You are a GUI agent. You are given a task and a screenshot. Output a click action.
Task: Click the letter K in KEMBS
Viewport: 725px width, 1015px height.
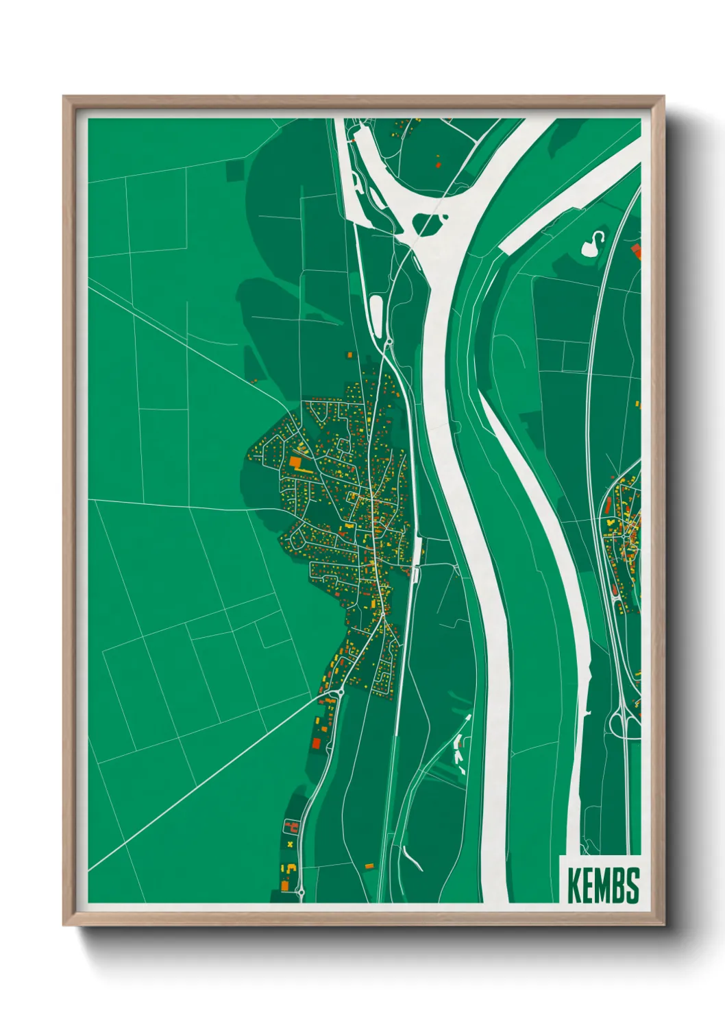tap(573, 885)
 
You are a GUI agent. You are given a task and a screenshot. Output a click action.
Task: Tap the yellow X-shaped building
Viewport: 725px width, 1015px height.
tap(291, 844)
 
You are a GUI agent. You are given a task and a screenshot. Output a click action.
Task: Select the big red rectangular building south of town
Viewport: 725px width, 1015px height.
tap(316, 742)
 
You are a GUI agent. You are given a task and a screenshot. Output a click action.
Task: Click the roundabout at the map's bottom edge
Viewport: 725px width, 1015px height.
tap(299, 892)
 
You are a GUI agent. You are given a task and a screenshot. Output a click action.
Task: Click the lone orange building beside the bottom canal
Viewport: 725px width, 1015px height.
tap(369, 866)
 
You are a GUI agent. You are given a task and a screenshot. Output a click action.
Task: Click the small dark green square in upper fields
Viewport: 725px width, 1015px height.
tap(235, 170)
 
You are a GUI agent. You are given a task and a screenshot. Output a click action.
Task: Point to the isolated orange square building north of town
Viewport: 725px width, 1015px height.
tap(349, 355)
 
